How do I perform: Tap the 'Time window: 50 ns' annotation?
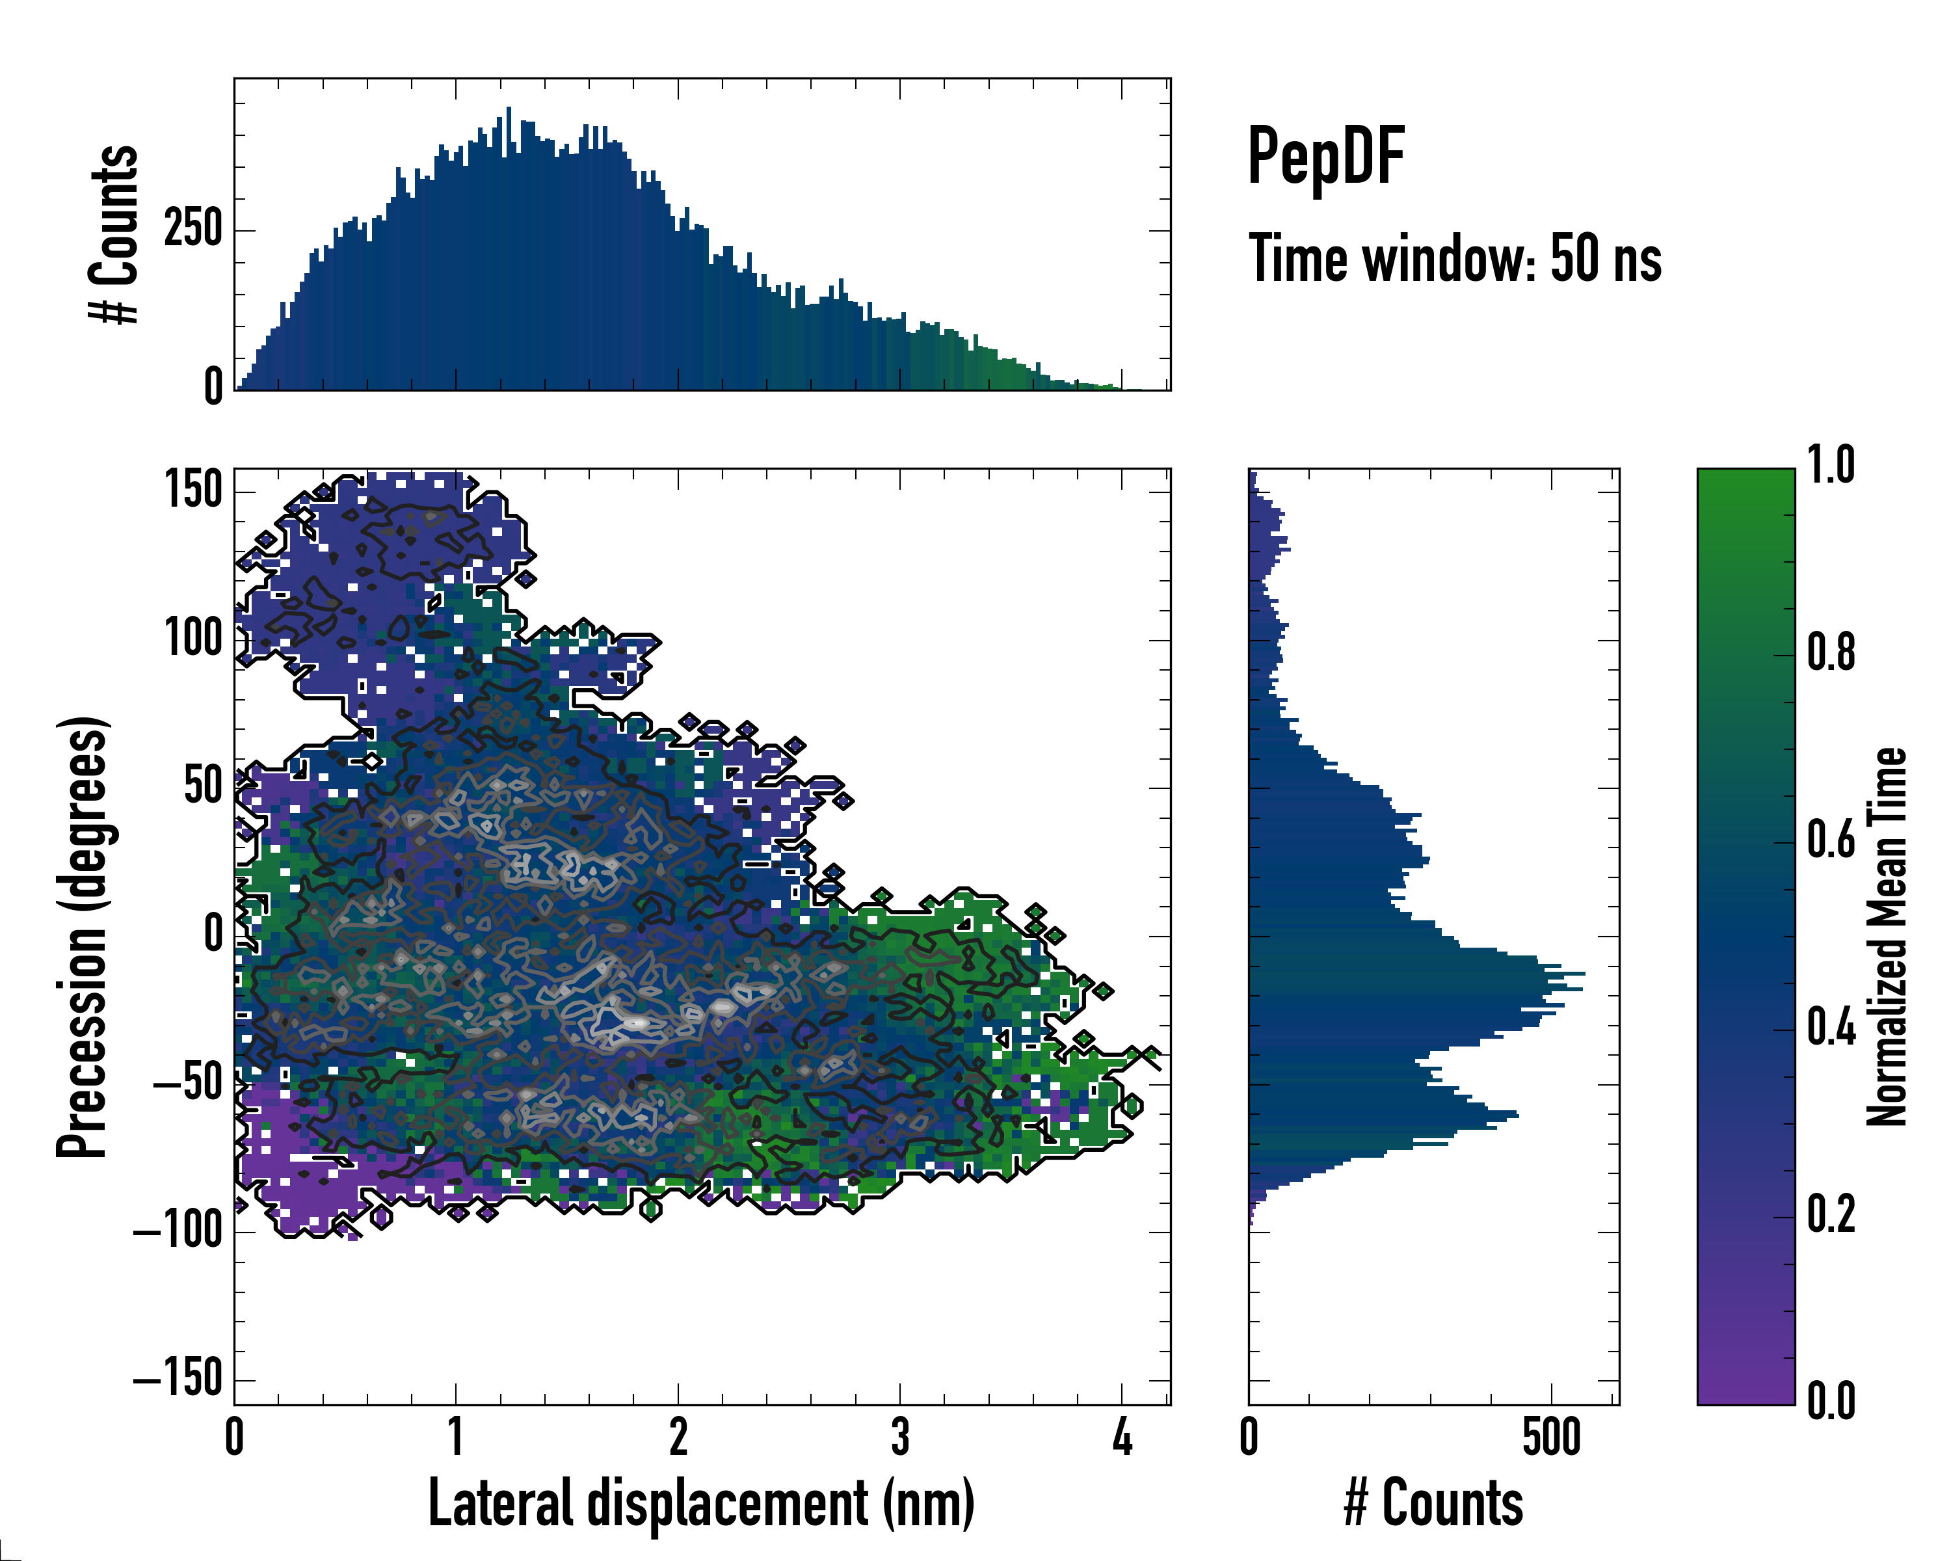click(1454, 259)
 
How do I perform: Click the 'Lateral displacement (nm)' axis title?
click(701, 1503)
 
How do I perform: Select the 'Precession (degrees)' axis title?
click(83, 937)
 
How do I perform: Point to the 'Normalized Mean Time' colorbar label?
click(1886, 937)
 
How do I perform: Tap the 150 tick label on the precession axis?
click(194, 491)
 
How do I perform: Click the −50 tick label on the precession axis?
click(187, 1083)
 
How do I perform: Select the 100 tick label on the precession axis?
click(194, 639)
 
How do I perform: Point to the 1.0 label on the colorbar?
click(1831, 466)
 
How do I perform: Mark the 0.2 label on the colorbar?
click(1831, 1214)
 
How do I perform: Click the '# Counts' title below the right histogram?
click(1433, 1503)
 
